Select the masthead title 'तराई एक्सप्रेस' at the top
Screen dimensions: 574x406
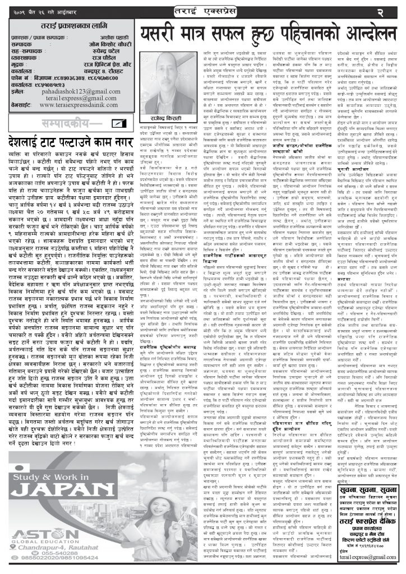pos(203,10)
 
